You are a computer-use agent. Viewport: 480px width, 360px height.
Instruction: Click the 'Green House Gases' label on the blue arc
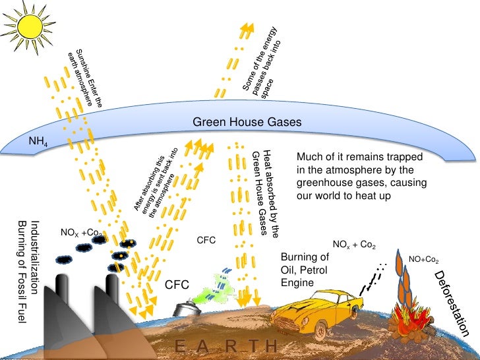247,123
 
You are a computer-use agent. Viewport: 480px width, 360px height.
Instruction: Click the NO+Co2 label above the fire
424,260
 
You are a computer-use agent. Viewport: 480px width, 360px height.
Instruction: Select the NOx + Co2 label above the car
354,245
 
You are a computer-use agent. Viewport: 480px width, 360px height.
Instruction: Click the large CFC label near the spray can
177,285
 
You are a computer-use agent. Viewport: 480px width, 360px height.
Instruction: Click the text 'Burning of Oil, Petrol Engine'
305,270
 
